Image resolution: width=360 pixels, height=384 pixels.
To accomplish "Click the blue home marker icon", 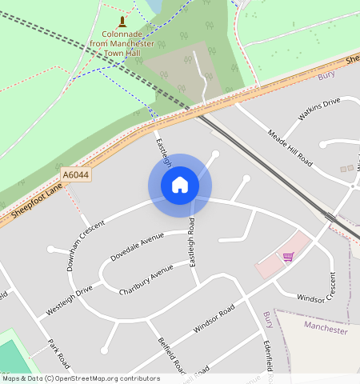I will pos(180,185).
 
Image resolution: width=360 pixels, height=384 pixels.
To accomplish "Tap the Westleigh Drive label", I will pos(70,298).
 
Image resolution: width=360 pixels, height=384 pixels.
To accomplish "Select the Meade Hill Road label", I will pos(290,147).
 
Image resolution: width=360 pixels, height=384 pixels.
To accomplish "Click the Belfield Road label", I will pos(170,355).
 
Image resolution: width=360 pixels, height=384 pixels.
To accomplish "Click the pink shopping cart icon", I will pos(288,256).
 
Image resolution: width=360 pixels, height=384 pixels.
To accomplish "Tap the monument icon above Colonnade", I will pos(122,21).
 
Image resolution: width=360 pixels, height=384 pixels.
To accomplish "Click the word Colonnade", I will pos(122,34).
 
